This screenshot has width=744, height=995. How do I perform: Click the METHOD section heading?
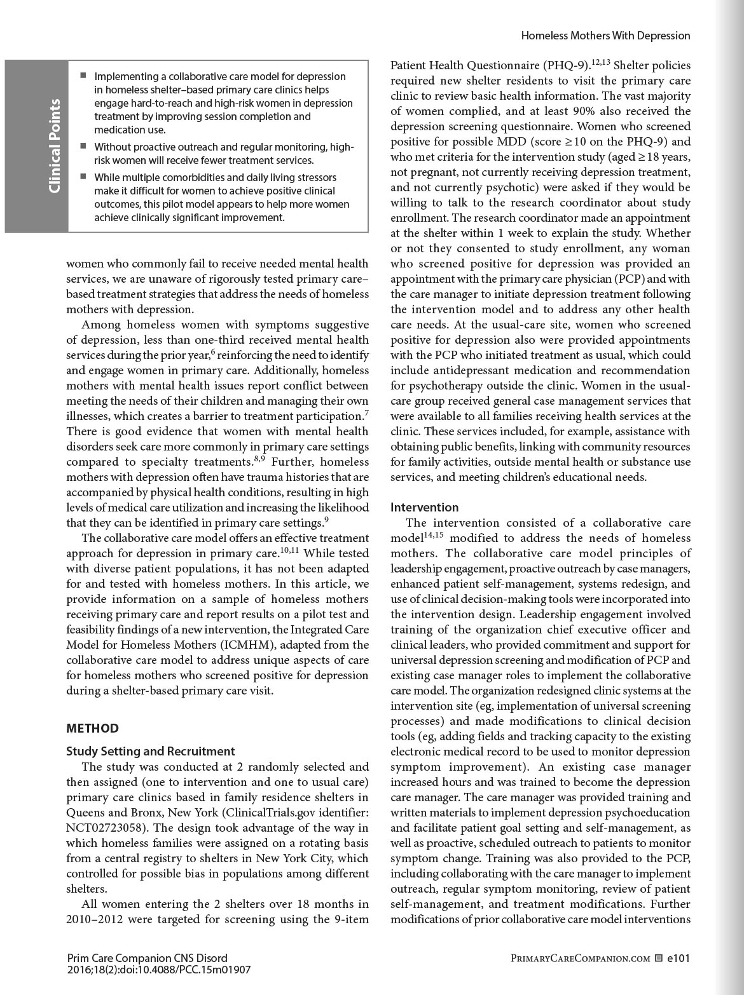click(x=92, y=728)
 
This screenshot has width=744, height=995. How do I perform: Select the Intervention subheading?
click(x=424, y=507)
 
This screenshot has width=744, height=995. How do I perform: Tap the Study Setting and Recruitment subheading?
click(x=151, y=751)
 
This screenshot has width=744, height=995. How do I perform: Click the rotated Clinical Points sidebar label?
click(x=55, y=146)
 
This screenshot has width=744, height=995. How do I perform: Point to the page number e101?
click(x=679, y=958)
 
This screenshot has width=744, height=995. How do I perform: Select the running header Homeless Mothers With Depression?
click(x=605, y=36)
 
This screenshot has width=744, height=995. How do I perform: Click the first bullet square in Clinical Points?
click(x=83, y=76)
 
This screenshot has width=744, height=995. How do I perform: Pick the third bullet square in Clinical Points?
click(x=83, y=177)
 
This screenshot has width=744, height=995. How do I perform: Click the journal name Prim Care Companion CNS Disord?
click(x=146, y=958)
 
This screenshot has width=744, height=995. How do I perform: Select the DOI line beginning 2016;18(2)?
click(x=158, y=970)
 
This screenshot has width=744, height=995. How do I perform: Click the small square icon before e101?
click(x=659, y=958)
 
